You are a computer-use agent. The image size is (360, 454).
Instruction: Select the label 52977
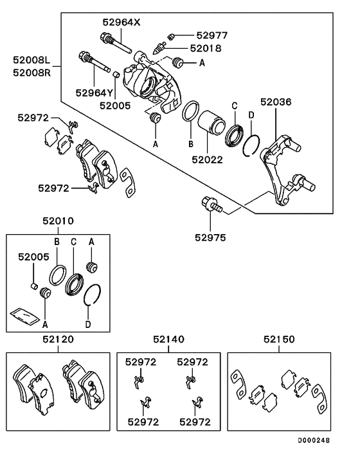[x=212, y=35]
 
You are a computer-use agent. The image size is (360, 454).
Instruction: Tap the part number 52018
[x=205, y=48]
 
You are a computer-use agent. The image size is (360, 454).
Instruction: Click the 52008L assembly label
[x=32, y=60]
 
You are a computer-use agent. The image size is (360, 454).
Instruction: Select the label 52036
[x=276, y=102]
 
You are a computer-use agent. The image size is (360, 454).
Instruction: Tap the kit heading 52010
[x=59, y=221]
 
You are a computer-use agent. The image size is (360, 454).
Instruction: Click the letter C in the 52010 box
[x=73, y=241]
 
